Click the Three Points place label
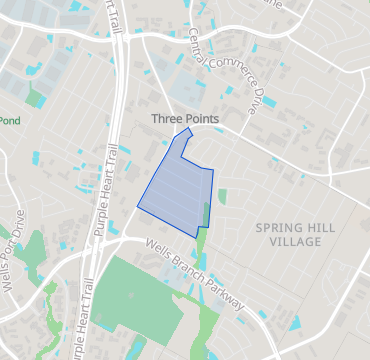click(185, 119)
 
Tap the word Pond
click(9, 122)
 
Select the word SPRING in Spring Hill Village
click(276, 228)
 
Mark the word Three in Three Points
click(167, 119)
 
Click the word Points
click(203, 119)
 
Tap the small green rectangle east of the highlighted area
click(222, 196)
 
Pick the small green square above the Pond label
click(37, 99)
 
